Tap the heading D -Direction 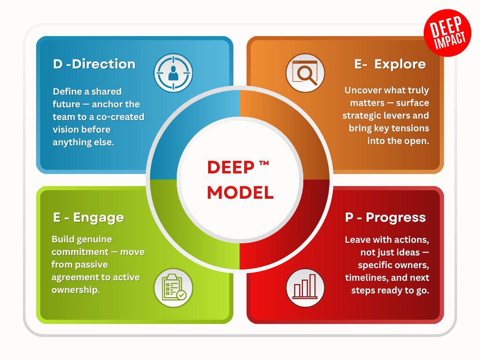[x=94, y=64]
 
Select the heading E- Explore [x=390, y=64]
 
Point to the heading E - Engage [x=88, y=217]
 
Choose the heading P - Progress [x=385, y=217]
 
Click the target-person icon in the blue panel [x=173, y=73]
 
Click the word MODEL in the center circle [x=240, y=192]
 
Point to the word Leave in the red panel [x=358, y=240]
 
